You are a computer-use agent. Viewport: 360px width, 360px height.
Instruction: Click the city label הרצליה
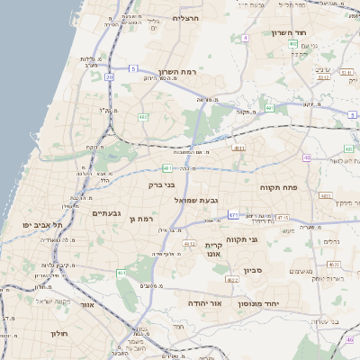click(186, 17)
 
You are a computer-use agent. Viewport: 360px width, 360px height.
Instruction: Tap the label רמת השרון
click(177, 71)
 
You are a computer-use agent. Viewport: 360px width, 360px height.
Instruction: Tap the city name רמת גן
click(142, 218)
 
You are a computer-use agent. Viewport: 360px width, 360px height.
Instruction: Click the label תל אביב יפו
click(43, 225)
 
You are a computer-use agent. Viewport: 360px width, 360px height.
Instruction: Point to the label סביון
click(253, 270)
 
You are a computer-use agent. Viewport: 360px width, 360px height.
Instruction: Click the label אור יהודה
click(205, 304)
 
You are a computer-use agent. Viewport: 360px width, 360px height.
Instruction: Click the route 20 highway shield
click(110, 77)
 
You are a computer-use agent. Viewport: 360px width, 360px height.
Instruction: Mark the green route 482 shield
click(143, 116)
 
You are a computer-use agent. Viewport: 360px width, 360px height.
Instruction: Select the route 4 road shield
click(245, 38)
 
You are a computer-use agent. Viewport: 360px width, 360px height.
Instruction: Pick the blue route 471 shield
click(234, 215)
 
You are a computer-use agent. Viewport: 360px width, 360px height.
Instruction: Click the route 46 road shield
click(306, 157)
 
